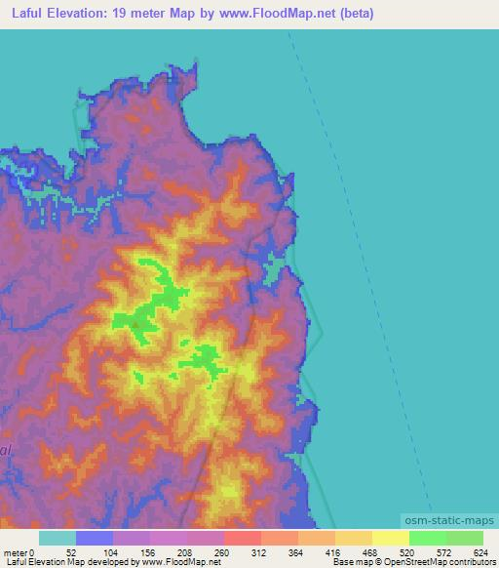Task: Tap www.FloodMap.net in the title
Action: pos(278,14)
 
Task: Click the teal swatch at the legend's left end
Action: pos(58,538)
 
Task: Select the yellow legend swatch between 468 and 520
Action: pos(391,538)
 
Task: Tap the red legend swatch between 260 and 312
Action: pos(243,538)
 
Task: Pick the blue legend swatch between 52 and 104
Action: pos(95,538)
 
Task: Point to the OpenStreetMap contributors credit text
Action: pos(438,562)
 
